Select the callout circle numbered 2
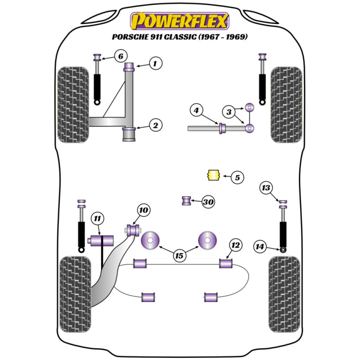(156, 125)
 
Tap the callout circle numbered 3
(228, 112)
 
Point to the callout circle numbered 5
(237, 177)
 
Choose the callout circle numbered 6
(121, 56)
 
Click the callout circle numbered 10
(144, 210)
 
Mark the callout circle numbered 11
(97, 218)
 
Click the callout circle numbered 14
(260, 247)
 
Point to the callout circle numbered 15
(179, 256)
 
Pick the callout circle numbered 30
(208, 202)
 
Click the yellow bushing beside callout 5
(213, 176)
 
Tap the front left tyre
(73, 104)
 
